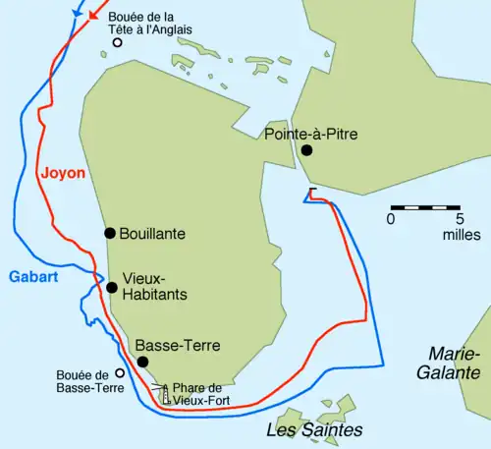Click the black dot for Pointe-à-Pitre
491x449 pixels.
[x=307, y=150]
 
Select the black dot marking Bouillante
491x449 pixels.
[x=110, y=233]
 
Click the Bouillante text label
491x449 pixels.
[x=151, y=234]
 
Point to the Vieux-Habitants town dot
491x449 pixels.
[x=112, y=288]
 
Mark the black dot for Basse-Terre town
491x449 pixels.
[x=142, y=363]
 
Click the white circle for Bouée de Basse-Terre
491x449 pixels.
[x=120, y=372]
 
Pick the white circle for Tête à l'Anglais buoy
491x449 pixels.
[x=118, y=42]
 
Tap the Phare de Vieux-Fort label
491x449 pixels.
[x=203, y=394]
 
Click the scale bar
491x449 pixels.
[x=425, y=207]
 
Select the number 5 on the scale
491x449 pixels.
[x=460, y=219]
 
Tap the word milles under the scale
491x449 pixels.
[x=460, y=236]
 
